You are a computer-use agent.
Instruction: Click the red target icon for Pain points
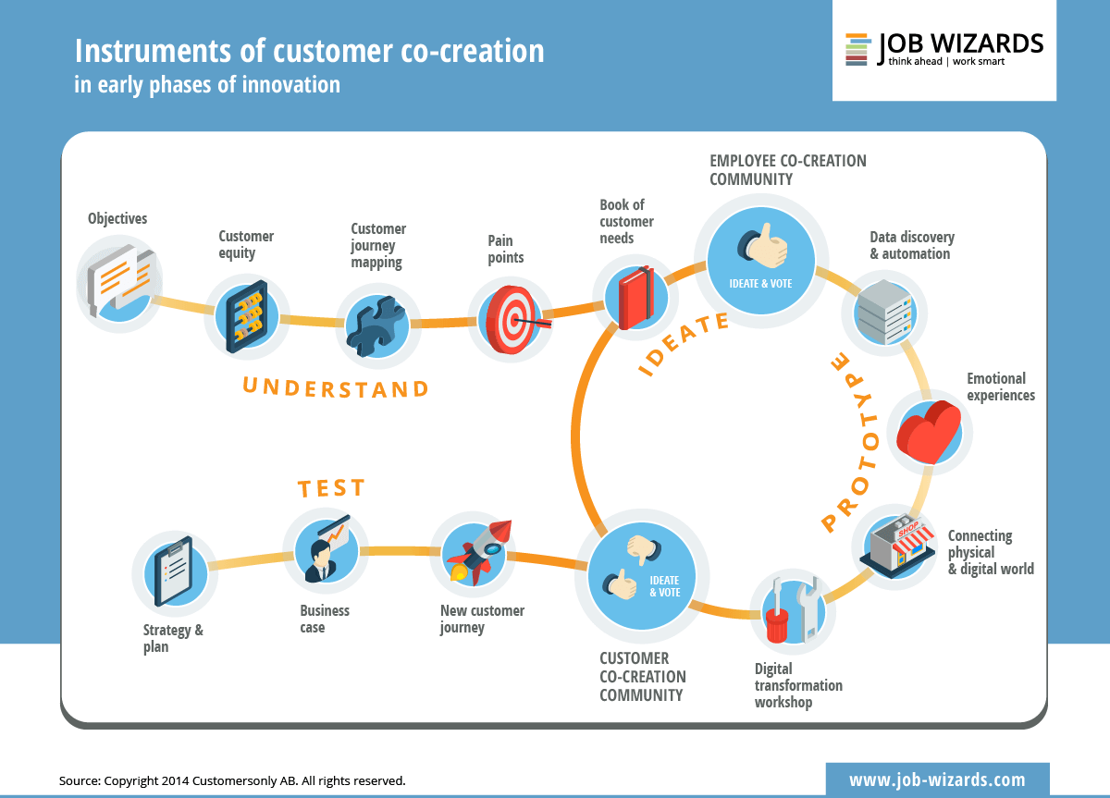pyautogui.click(x=511, y=320)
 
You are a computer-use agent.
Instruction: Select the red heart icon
pyautogui.click(x=930, y=432)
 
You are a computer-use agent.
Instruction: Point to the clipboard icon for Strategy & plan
pyautogui.click(x=174, y=571)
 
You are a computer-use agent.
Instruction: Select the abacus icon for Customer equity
pyautogui.click(x=246, y=316)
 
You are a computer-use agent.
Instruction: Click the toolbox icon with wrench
pyautogui.click(x=791, y=610)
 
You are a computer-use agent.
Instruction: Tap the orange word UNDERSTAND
pyautogui.click(x=336, y=387)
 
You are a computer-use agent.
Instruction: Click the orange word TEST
pyautogui.click(x=331, y=488)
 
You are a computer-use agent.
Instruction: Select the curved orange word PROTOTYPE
pyautogui.click(x=845, y=442)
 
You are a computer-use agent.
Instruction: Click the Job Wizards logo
pyautogui.click(x=943, y=49)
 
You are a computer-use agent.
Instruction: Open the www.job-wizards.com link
pyautogui.click(x=937, y=780)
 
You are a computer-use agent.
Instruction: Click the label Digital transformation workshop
pyautogui.click(x=798, y=685)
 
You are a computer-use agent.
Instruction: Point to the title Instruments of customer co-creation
pyautogui.click(x=309, y=51)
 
